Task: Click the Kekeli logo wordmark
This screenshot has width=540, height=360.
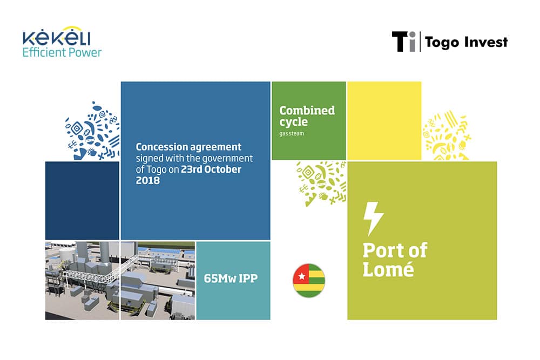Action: pyautogui.click(x=57, y=36)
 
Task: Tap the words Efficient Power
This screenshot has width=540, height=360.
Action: pyautogui.click(x=62, y=52)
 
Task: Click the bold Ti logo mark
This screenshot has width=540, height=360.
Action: pyautogui.click(x=403, y=42)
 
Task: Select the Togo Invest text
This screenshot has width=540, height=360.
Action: pyautogui.click(x=467, y=42)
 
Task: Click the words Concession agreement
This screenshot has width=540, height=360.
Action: pyautogui.click(x=188, y=147)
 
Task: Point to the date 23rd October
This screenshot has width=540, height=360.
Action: pyautogui.click(x=211, y=169)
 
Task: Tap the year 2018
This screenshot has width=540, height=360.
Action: pyautogui.click(x=148, y=180)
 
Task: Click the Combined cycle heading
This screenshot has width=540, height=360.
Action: pyautogui.click(x=307, y=116)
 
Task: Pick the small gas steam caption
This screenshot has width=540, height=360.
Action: pyautogui.click(x=292, y=133)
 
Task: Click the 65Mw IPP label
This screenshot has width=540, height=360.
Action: pyautogui.click(x=231, y=278)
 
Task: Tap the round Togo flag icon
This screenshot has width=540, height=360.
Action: pyautogui.click(x=309, y=281)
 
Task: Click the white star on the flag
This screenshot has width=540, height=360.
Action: pyautogui.click(x=302, y=276)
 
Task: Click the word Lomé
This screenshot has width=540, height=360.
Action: pyautogui.click(x=388, y=269)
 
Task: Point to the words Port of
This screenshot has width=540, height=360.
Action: pyautogui.click(x=395, y=250)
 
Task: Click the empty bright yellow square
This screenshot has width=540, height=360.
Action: pyautogui.click(x=384, y=120)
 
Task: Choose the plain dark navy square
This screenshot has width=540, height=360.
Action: pyautogui.click(x=82, y=200)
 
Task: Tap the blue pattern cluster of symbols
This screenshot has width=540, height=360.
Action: pyautogui.click(x=93, y=131)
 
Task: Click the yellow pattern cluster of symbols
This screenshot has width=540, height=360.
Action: pyautogui.click(x=447, y=135)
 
